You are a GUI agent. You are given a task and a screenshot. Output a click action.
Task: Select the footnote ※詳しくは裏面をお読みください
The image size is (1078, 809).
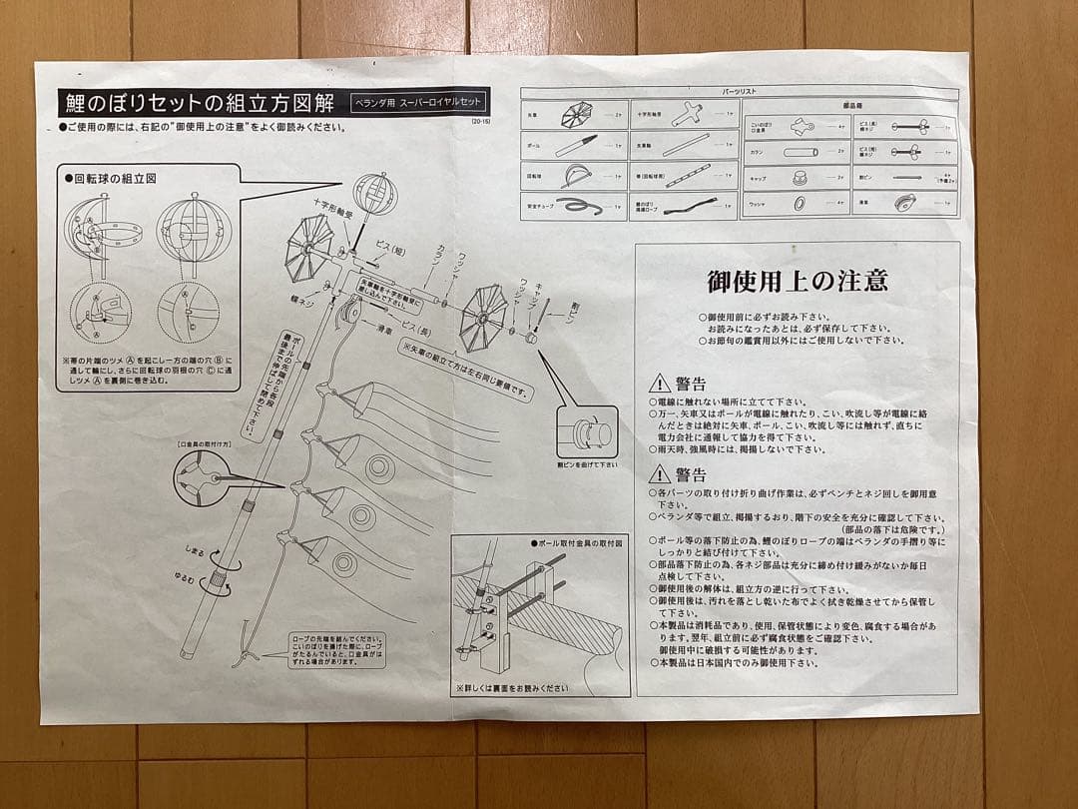(x=511, y=687)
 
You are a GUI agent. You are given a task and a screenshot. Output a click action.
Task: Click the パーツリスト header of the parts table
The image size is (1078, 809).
(x=739, y=92)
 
